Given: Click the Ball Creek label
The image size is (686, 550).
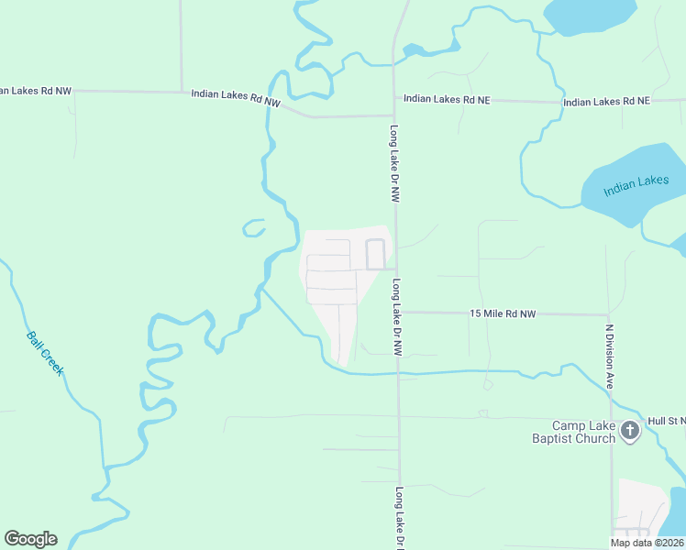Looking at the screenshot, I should (x=44, y=353).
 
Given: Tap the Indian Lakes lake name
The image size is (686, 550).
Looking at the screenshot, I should (x=636, y=186).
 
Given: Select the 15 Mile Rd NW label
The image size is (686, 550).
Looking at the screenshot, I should (x=502, y=313).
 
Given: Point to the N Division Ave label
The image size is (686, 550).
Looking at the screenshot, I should (x=608, y=355).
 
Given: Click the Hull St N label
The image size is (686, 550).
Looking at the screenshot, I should (x=666, y=421).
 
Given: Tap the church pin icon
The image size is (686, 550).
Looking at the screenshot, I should (x=630, y=430).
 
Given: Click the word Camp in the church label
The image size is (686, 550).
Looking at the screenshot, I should (x=569, y=426).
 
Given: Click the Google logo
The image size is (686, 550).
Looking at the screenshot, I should (x=30, y=539).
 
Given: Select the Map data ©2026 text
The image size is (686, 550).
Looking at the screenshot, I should (x=646, y=543).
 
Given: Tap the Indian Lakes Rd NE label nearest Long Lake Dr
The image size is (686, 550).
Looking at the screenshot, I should (x=447, y=99).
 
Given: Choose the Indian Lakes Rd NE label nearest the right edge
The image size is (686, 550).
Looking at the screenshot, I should (x=606, y=102).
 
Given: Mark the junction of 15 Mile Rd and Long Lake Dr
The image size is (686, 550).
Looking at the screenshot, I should (x=399, y=312).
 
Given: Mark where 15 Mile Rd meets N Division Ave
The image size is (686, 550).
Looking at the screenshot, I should (x=609, y=314).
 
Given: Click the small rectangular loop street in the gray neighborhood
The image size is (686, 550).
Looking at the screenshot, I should (x=375, y=254).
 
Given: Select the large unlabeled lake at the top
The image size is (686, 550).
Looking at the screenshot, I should (x=589, y=15).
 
